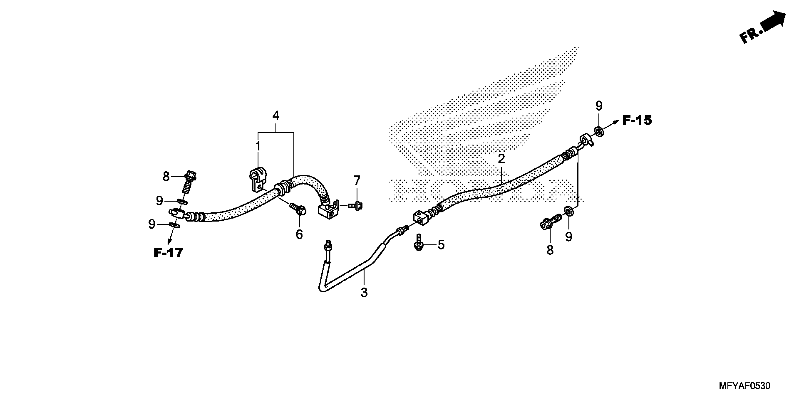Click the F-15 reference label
(637, 120)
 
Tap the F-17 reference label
(168, 253)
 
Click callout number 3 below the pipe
(364, 292)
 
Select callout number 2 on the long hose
(501, 159)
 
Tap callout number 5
(441, 245)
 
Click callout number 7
(357, 180)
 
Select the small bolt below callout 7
(355, 205)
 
